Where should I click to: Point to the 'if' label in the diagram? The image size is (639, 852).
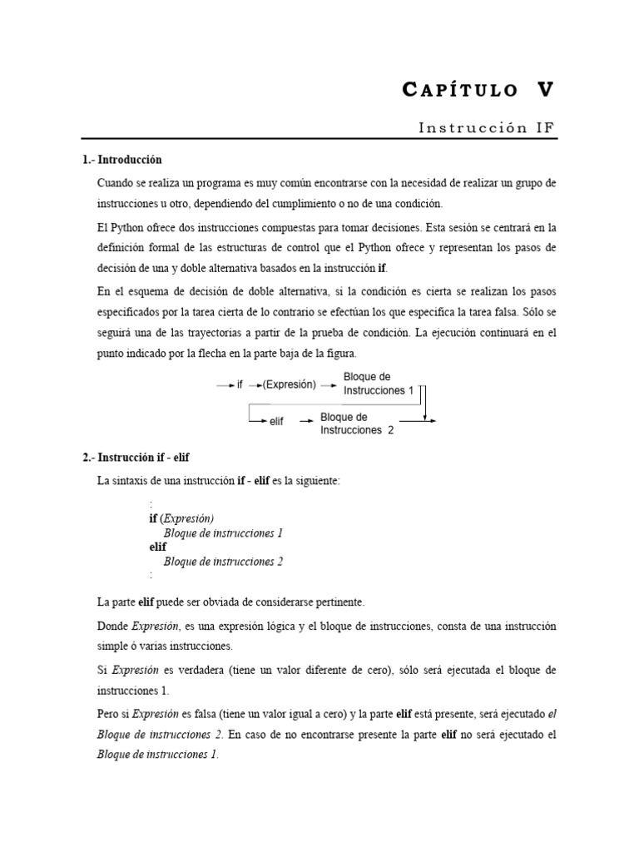click(240, 385)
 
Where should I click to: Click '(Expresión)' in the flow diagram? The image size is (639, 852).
click(290, 385)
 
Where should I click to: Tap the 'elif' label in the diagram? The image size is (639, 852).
click(276, 422)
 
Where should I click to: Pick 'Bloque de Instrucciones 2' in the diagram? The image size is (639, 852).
click(356, 424)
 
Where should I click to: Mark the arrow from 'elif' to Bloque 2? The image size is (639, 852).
click(305, 422)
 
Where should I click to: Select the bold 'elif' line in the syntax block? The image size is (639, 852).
click(157, 547)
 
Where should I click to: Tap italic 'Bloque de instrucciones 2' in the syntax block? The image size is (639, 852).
click(223, 562)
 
